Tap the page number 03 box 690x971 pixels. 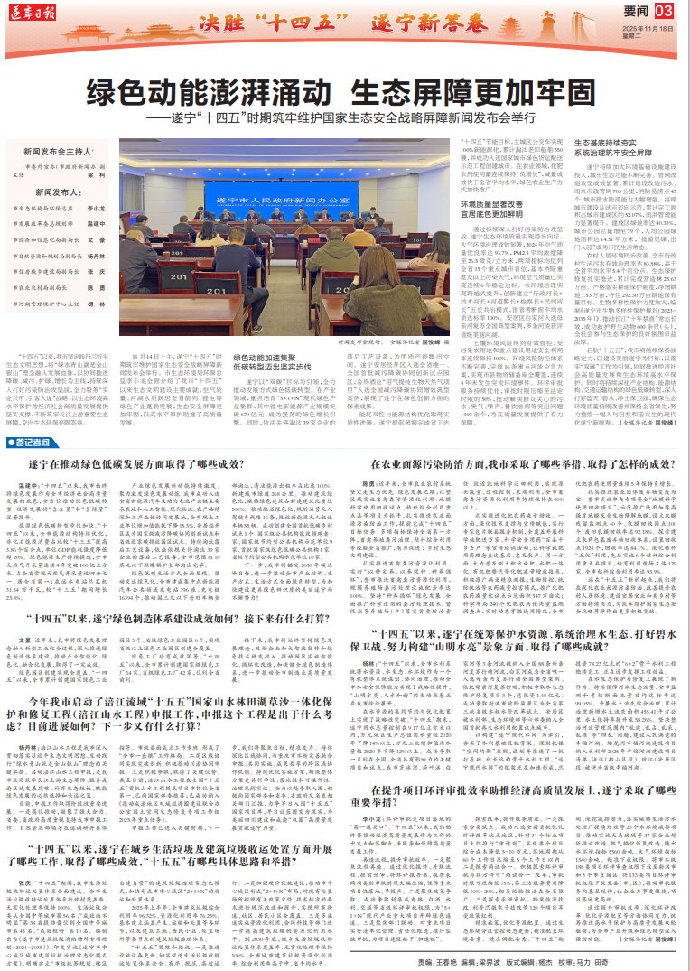pos(664,10)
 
